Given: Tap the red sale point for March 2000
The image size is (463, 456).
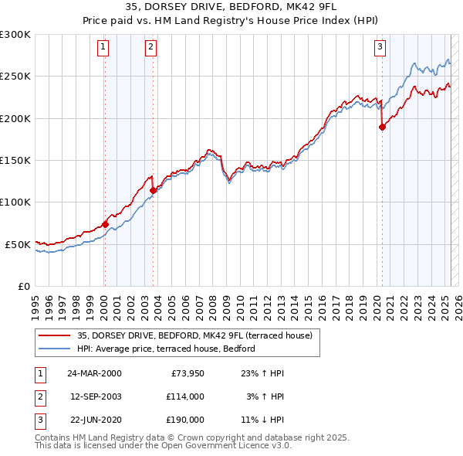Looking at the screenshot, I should coord(105,224).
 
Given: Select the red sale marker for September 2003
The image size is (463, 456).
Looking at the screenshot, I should coord(153,190).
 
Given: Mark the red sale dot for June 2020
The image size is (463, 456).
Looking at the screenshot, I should coord(382,128).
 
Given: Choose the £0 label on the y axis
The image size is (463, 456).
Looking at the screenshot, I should coord(23,286).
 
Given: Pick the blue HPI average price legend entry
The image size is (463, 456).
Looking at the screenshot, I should coord(171,349).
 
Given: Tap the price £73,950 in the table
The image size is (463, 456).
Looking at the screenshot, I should coord(184,373).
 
